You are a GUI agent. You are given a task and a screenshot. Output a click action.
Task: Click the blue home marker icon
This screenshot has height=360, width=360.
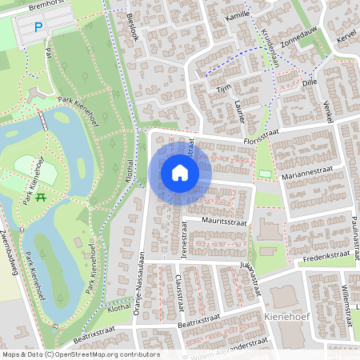coord(180,173)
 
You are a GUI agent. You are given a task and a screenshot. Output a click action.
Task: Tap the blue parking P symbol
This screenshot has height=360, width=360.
coord(38,28)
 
